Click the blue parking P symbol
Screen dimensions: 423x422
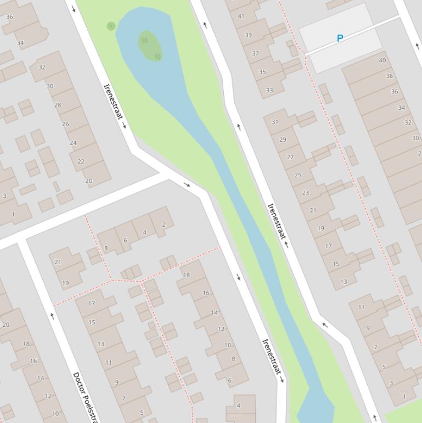coord(340,38)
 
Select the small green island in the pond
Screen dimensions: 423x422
coord(149,45)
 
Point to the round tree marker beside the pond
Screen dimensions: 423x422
coord(111,26)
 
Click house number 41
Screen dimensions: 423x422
coord(241,16)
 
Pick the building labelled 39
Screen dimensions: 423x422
coord(248,35)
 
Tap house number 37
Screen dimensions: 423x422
coord(255,54)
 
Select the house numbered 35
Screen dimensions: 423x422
coord(262,72)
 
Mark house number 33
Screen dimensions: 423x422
coord(269,91)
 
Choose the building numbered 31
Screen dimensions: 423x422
coord(275,122)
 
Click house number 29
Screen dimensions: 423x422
coord(283,140)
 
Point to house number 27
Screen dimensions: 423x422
coord(290,157)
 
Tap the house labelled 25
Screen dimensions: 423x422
coord(298,175)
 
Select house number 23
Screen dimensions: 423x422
coord(306,193)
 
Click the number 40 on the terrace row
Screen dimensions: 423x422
coord(382,60)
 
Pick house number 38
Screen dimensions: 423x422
coord(390,76)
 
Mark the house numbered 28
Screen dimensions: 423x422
coord(57,105)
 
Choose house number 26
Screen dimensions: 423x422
coord(65,124)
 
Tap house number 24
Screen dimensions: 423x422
coord(73,143)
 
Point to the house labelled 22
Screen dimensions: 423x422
coord(81,162)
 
